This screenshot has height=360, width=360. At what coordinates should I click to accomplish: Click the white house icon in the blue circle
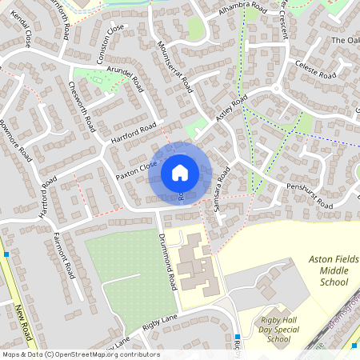coord(180,172)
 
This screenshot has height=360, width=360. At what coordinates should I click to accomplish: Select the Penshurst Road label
coord(308,197)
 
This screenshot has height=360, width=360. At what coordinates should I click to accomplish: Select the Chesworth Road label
coord(82,106)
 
